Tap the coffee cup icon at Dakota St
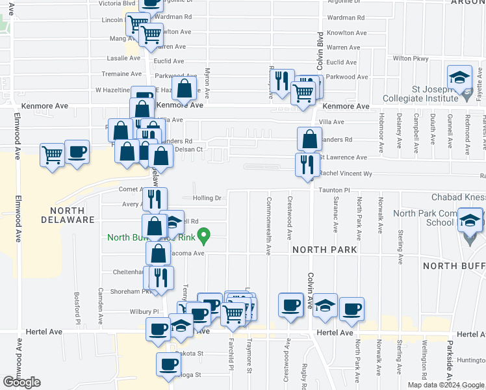tap(169, 363)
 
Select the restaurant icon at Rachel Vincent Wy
tap(307, 164)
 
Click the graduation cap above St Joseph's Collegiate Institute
tap(459, 77)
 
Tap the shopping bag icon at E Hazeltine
tap(185, 88)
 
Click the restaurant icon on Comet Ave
tap(155, 198)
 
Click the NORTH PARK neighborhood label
tap(324, 250)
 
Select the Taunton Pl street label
tap(334, 190)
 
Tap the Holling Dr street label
tap(207, 198)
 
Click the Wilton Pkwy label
tap(411, 58)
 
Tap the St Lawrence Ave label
tap(342, 157)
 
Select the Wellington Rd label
tap(424, 367)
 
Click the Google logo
tap(21, 382)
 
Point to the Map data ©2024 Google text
tap(446, 385)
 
